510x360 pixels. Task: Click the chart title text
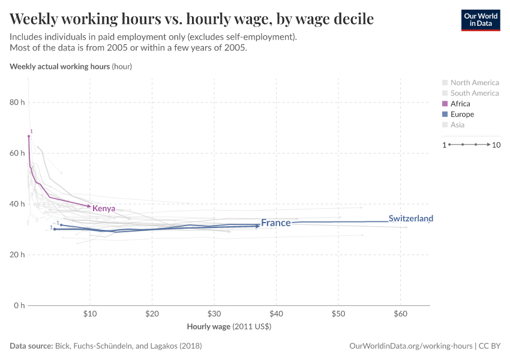[192, 19]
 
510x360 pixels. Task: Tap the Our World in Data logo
[480, 20]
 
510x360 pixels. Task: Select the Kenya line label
[104, 209]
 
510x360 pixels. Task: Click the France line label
[275, 223]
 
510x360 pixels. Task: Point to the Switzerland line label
[410, 219]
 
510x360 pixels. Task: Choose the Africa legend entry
[460, 104]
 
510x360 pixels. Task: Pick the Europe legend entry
[462, 115]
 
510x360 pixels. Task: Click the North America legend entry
[474, 83]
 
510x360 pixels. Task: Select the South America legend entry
[474, 93]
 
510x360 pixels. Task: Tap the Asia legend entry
[457, 125]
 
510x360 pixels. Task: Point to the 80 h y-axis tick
[17, 103]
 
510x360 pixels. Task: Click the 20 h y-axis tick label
[17, 255]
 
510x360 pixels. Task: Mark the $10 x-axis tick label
[90, 314]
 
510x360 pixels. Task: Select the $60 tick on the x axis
[400, 314]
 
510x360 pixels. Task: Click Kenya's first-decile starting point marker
[29, 136]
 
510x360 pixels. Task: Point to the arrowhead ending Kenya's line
[89, 206]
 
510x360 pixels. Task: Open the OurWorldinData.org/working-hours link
[412, 346]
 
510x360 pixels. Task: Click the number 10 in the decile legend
[496, 145]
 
